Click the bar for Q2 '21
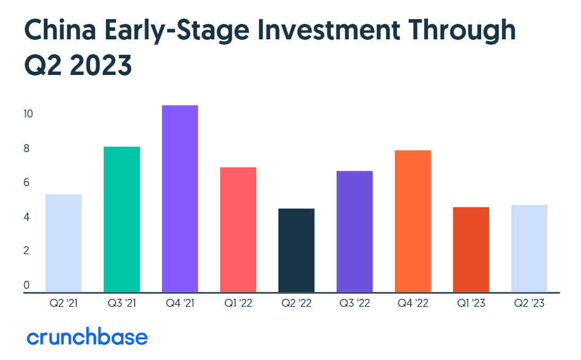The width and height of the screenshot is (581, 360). (63, 243)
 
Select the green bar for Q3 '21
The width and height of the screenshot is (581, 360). (122, 220)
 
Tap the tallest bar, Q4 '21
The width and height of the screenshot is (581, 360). (180, 199)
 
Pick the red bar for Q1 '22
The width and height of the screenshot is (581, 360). (238, 230)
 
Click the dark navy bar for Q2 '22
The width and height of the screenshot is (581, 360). (296, 250)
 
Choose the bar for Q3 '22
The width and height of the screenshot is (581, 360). (354, 231)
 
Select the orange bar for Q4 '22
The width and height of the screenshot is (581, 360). (412, 221)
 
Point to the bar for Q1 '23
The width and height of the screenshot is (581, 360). (470, 249)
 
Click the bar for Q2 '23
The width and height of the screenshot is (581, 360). (529, 248)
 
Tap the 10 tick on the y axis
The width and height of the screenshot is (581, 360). (28, 114)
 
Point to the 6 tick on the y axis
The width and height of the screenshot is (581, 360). (26, 182)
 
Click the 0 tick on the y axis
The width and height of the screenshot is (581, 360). (26, 284)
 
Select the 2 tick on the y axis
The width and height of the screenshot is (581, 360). (26, 250)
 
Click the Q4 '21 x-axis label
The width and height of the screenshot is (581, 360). (180, 303)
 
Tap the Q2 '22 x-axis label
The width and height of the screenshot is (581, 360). (297, 303)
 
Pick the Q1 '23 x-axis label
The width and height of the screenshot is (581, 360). (471, 303)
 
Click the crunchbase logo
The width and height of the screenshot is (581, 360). (87, 336)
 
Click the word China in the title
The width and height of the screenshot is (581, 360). (60, 30)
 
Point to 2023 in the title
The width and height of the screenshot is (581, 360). (100, 65)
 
